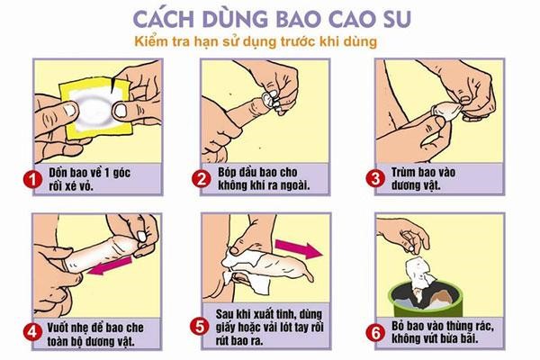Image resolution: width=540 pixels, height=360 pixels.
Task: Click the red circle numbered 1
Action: point(32,179)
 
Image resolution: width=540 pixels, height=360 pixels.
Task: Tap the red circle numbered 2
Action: point(201,179)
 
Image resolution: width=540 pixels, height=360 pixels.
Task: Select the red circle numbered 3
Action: point(375,178)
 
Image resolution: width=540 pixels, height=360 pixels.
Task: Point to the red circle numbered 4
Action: point(32,333)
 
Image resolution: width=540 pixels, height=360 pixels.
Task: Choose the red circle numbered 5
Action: point(200,327)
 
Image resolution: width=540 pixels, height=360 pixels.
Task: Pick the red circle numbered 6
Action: point(375,333)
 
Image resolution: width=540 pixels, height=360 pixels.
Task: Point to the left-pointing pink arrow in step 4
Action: point(110,265)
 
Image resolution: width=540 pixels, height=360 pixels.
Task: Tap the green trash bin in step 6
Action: point(426,299)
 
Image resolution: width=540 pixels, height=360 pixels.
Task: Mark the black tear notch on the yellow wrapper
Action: point(112,86)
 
